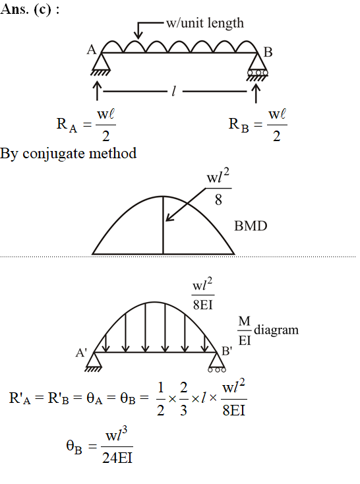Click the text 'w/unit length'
(204, 23)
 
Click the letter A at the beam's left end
(92, 49)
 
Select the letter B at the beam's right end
(268, 52)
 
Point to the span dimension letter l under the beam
(174, 91)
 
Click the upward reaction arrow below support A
(98, 91)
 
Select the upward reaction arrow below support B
(256, 93)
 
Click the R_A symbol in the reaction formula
(67, 125)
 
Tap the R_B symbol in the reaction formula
(239, 125)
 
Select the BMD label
(251, 226)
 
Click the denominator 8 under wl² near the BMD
(218, 200)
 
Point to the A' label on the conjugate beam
(81, 352)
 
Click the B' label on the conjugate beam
(227, 351)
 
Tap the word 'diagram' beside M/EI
(276, 330)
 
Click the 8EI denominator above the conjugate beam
(203, 305)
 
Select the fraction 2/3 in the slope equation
(183, 398)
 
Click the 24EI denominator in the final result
(117, 458)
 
